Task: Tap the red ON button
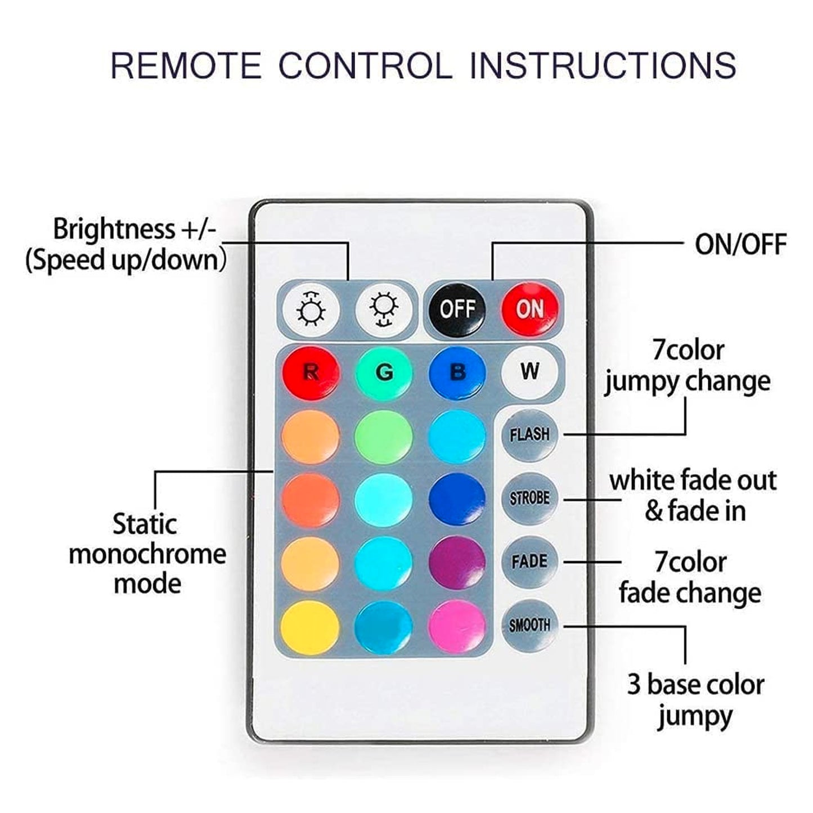[x=530, y=309]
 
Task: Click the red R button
[x=311, y=373]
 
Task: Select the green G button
[x=384, y=373]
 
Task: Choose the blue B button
[x=457, y=373]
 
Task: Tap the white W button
[x=530, y=371]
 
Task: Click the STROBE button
[x=530, y=498]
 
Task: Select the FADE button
[x=530, y=562]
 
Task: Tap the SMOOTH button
[x=530, y=625]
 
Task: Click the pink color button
[x=457, y=627]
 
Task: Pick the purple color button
[x=457, y=563]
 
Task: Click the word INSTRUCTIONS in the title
[x=603, y=65]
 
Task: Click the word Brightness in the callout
[x=114, y=230]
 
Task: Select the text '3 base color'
[x=696, y=685]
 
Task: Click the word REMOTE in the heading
[x=186, y=65]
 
